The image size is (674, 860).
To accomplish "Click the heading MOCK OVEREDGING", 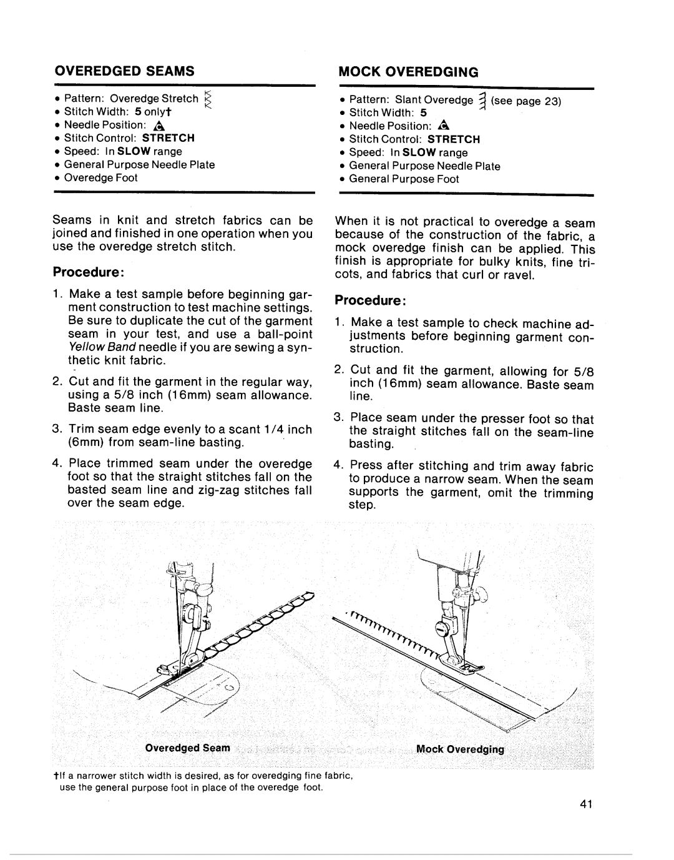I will pos(408,72).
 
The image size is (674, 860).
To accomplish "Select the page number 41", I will pos(584,804).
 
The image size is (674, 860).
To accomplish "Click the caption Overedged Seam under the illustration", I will pos(188,748).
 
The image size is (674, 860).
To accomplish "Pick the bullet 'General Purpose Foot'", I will pos(403,179).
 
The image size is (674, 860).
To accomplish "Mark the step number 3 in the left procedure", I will pos(56,430).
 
